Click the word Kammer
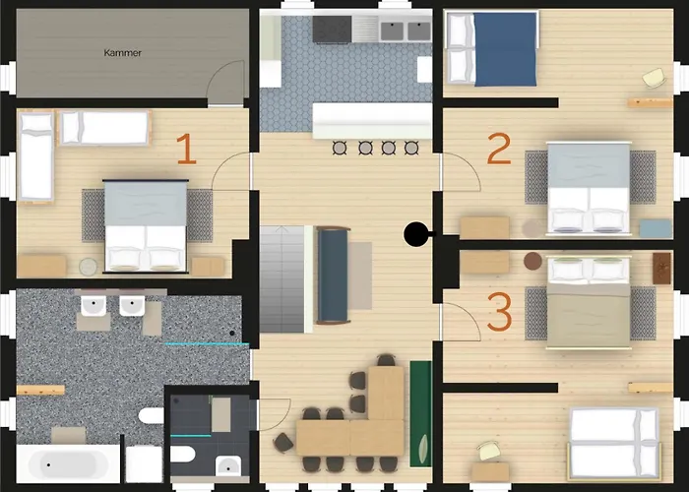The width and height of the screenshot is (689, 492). coord(123,53)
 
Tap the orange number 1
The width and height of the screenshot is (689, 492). coord(187,149)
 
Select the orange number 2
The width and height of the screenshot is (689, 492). coord(499,149)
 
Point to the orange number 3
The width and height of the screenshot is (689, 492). coord(500,312)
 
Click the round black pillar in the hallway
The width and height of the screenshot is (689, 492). coord(415,234)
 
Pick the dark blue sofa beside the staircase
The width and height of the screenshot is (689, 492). coord(333,275)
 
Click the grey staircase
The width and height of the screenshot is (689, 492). coord(282,278)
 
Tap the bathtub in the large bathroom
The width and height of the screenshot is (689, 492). coord(68,463)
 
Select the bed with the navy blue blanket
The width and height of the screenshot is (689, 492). coord(492,48)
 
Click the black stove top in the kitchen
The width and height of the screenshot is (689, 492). coord(333,30)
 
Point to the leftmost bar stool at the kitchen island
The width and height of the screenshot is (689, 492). coord(340,148)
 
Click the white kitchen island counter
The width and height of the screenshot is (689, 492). coord(372,120)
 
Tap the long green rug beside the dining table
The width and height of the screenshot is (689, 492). coord(421,414)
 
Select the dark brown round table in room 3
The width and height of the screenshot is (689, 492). coord(532,261)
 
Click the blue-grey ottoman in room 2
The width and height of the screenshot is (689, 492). coord(656,228)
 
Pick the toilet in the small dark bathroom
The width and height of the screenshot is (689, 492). coord(182,455)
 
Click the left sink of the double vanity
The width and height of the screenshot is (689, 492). coord(94,306)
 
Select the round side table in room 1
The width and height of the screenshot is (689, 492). coord(89,267)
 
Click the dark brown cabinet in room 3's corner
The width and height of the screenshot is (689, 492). coord(661,268)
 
